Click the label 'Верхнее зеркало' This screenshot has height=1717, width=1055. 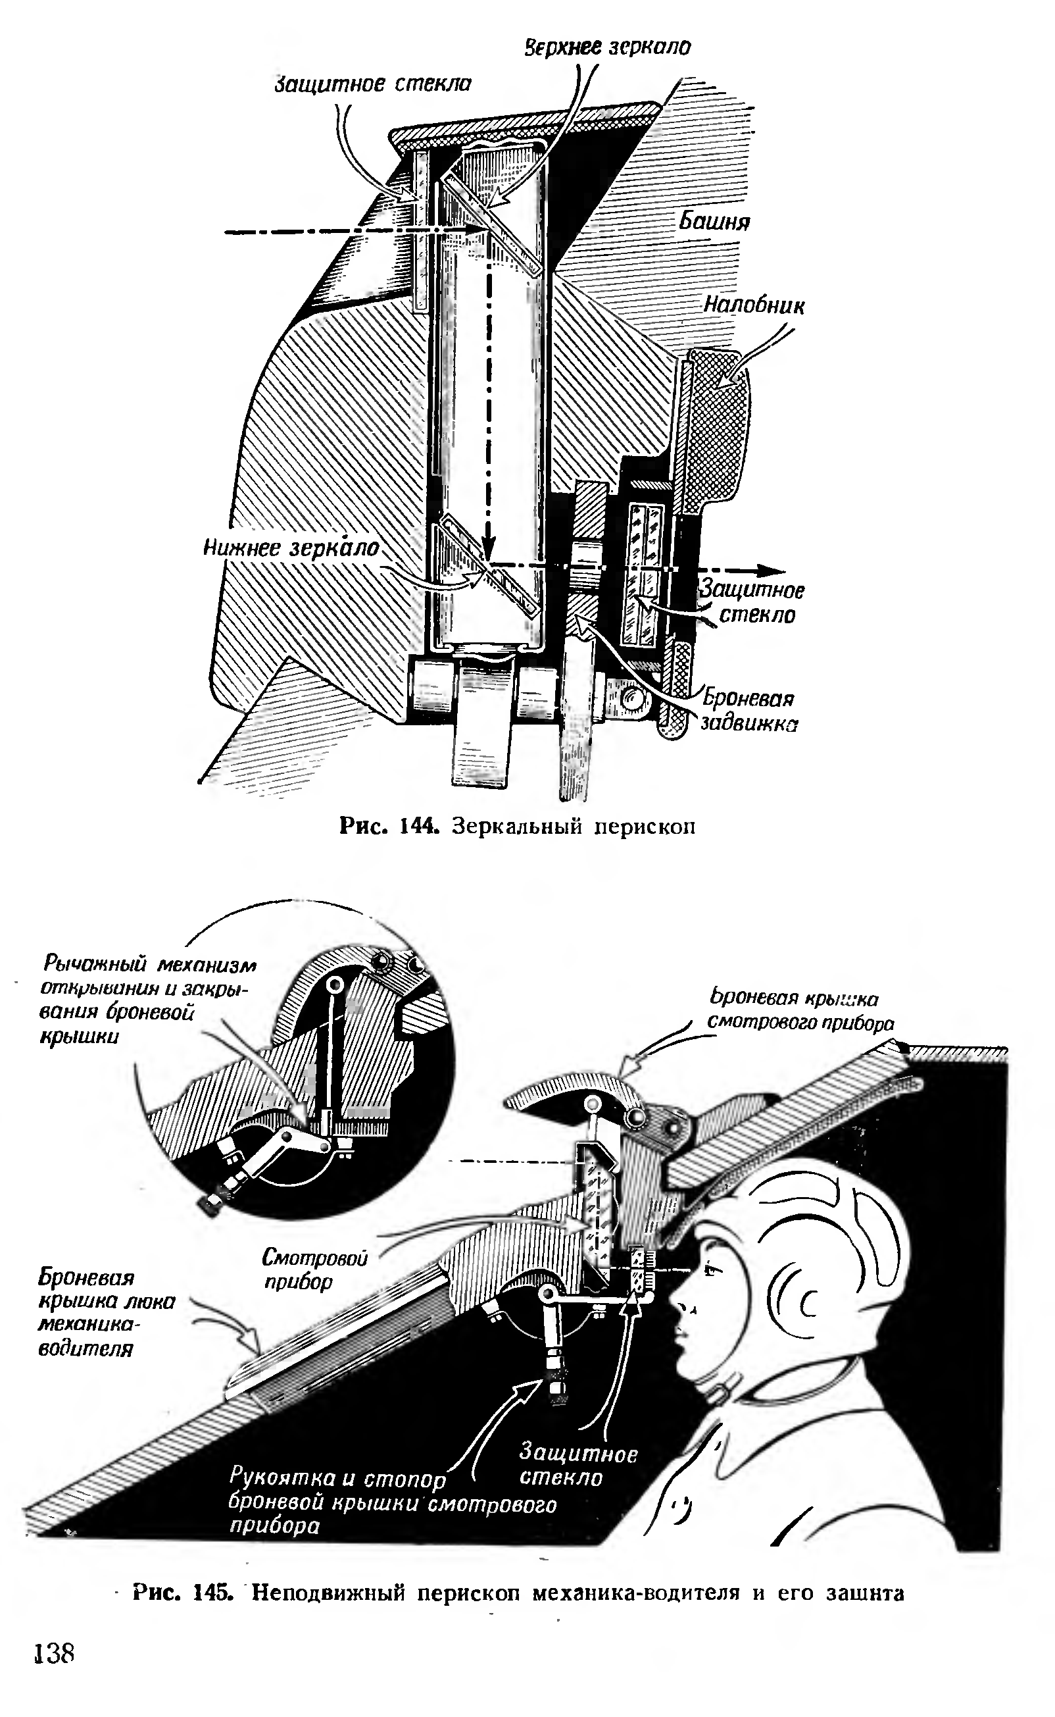coord(607,47)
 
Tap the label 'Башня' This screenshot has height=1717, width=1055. coord(714,221)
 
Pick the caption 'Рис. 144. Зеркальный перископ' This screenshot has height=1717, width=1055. coord(517,827)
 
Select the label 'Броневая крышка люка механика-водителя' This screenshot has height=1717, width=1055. coord(105,1313)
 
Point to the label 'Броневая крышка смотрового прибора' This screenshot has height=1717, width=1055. coord(800,1011)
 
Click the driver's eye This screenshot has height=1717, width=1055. coord(710,1269)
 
